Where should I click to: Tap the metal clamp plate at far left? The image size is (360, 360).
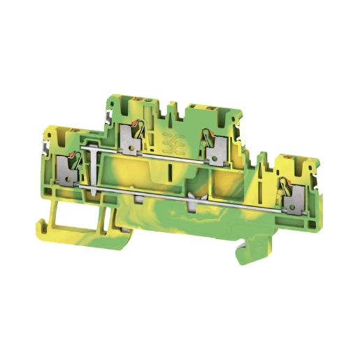click(69, 170)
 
